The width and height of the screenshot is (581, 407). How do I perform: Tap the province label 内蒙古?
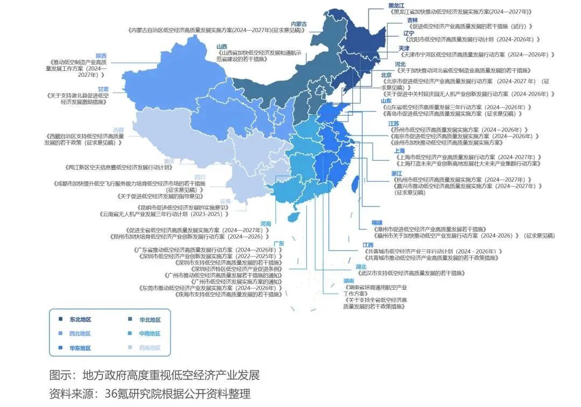pos(299,24)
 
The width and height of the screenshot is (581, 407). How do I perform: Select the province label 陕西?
pos(101,56)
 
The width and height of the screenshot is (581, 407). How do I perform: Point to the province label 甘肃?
pos(103,89)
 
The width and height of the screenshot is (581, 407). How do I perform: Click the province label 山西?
pos(222,46)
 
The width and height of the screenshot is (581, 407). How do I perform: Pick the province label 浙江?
pos(396,173)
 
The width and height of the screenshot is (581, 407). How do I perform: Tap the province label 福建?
pos(377,222)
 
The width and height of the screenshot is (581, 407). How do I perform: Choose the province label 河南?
pos(265,224)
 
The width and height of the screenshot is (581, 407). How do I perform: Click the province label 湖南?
pos(348,281)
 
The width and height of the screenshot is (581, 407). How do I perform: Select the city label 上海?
pos(399,151)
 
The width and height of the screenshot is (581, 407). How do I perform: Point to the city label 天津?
pos(404,48)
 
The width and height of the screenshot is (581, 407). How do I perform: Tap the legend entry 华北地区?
pos(150,319)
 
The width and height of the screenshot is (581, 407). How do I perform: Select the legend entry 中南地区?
pos(150,333)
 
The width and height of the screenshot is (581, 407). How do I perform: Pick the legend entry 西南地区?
pos(150,348)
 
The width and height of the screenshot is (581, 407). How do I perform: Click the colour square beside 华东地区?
pos(61,348)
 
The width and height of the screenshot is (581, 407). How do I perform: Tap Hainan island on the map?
pos(294,217)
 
